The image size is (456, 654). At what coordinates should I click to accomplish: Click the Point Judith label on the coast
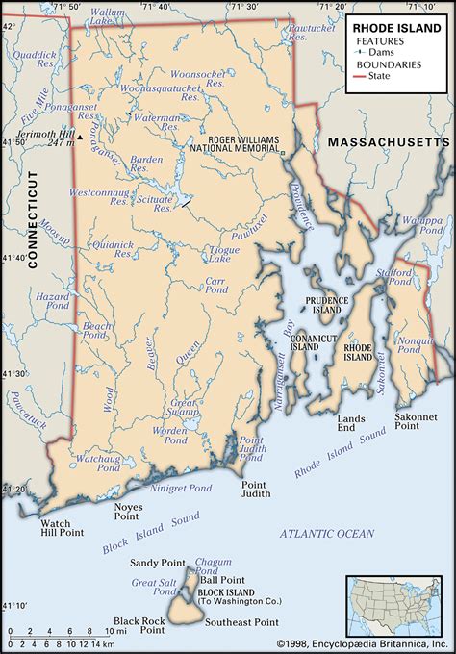[254, 490]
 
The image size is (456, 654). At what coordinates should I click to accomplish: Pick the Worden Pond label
[177, 434]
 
